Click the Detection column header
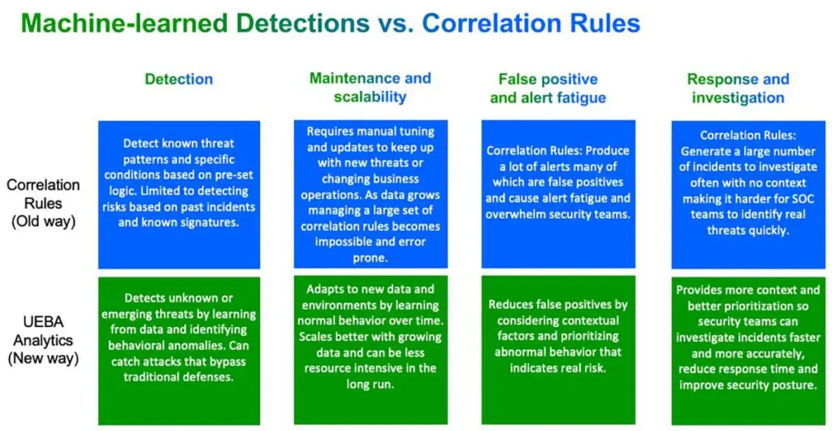179,80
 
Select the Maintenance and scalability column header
370,87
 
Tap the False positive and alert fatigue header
548,89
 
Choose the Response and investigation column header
738,89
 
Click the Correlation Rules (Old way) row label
44,203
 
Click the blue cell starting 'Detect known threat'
179,194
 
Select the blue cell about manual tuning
370,194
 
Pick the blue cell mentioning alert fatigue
558,194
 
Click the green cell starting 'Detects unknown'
179,350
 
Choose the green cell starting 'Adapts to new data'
370,350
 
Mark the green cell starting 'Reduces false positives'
558,350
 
